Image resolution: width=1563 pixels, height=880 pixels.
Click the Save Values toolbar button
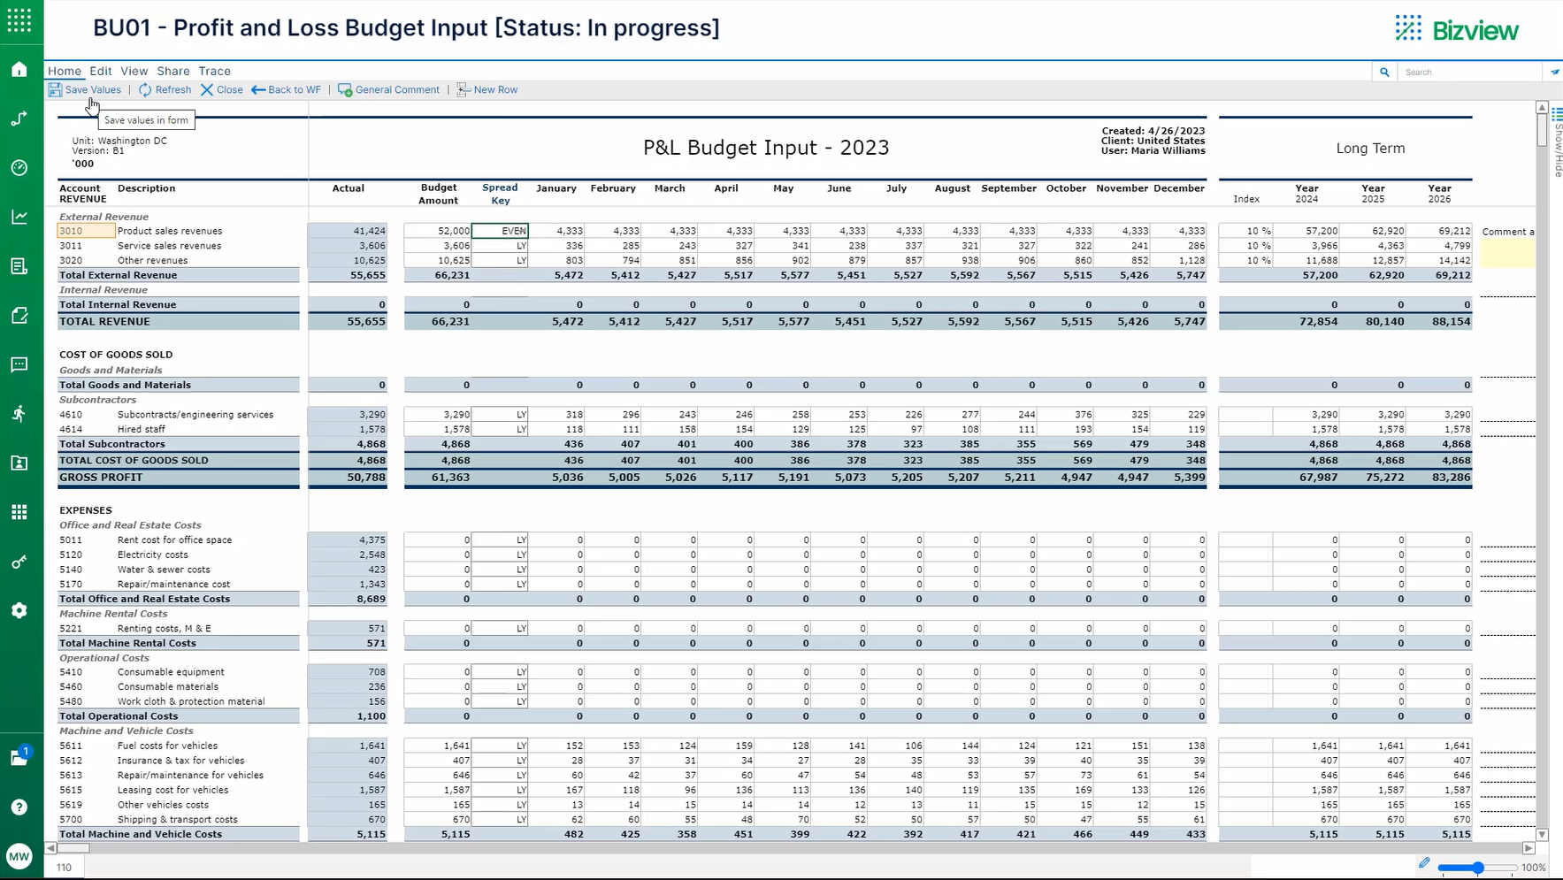(x=85, y=89)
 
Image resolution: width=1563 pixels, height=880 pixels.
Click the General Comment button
(x=389, y=89)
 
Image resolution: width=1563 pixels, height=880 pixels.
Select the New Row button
(x=487, y=89)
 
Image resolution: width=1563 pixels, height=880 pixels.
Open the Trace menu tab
(x=214, y=71)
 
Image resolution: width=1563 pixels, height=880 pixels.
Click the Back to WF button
(x=286, y=89)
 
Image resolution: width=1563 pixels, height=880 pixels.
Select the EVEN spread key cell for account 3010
(x=501, y=231)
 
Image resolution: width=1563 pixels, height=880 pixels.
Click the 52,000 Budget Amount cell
(x=438, y=231)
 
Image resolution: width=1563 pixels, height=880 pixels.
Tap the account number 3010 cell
(x=85, y=231)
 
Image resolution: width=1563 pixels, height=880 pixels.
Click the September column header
(x=1008, y=188)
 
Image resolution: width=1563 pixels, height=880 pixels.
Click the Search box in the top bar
(x=1468, y=72)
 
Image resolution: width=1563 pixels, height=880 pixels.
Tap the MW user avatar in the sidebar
(x=19, y=856)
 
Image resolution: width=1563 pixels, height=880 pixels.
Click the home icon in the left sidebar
(x=19, y=70)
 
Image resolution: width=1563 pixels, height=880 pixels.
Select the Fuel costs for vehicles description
(x=167, y=746)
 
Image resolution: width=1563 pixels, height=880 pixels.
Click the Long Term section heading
(x=1369, y=149)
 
